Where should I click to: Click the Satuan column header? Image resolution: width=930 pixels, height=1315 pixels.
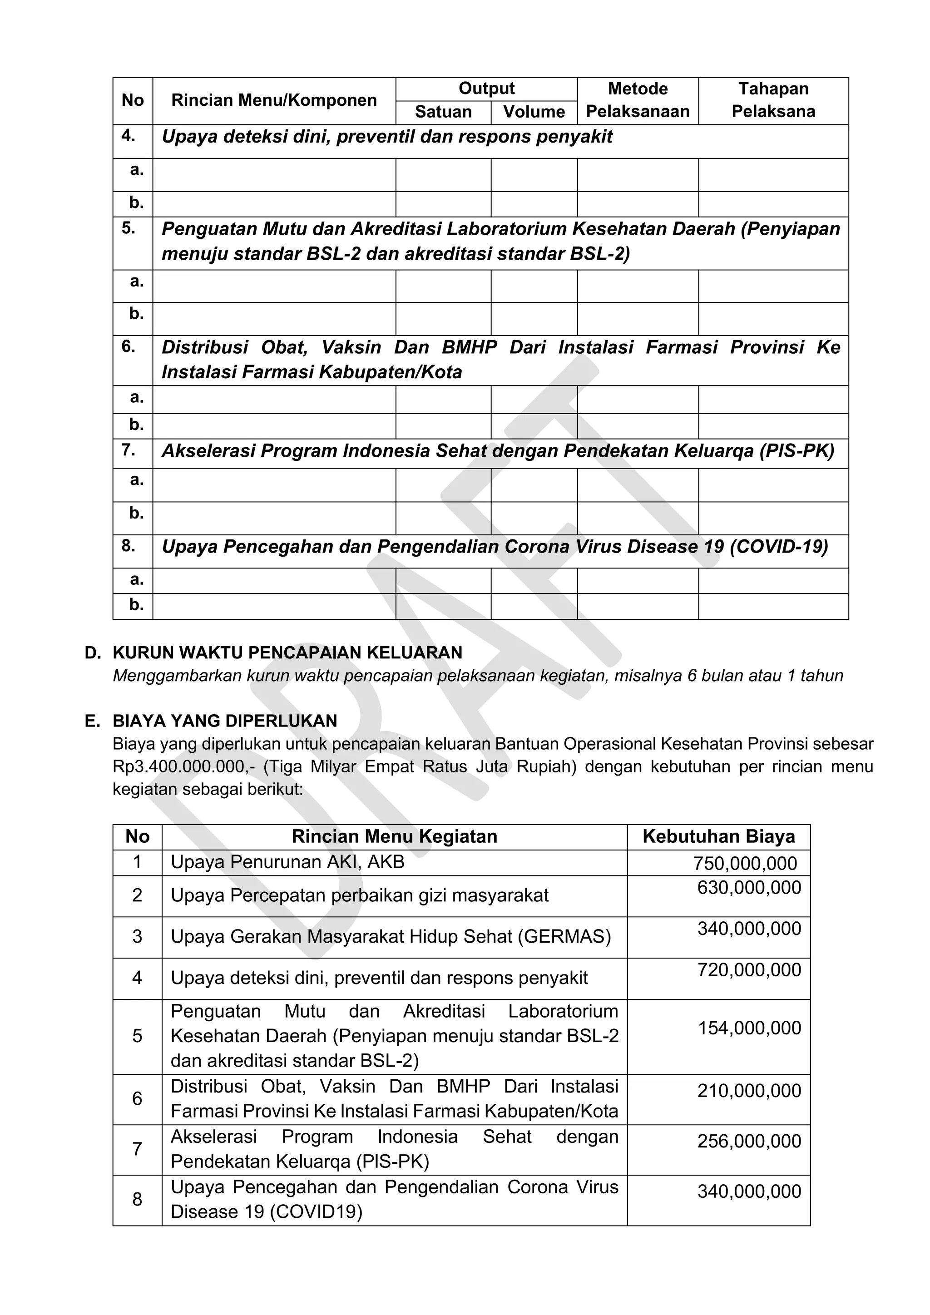tap(443, 112)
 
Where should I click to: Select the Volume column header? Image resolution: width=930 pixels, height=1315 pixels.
tap(534, 112)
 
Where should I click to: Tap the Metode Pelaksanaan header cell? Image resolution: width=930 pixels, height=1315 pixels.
tap(638, 100)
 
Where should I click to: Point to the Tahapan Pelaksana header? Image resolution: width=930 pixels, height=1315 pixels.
tap(773, 100)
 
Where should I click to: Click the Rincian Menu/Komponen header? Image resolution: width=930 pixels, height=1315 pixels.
tap(274, 101)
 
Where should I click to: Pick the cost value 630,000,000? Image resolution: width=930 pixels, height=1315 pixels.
tap(748, 888)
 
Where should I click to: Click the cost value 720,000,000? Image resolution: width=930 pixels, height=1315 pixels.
tap(748, 969)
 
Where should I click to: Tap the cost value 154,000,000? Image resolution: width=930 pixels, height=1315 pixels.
tap(748, 1028)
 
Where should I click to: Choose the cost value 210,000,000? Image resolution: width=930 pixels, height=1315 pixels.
tap(748, 1091)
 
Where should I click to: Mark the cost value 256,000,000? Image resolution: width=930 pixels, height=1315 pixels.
tap(748, 1141)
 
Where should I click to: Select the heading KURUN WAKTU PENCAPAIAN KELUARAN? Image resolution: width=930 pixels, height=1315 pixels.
tap(287, 653)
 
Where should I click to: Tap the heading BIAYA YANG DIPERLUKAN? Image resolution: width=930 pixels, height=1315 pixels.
tap(225, 721)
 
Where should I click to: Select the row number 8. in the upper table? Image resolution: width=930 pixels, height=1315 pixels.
tap(128, 546)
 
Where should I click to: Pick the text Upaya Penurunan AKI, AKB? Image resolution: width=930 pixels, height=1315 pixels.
tap(287, 862)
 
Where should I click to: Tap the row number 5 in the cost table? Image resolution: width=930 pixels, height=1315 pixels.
tap(138, 1035)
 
